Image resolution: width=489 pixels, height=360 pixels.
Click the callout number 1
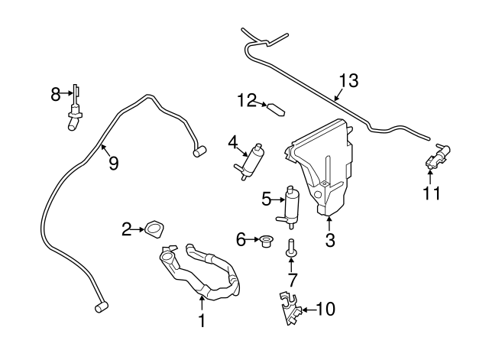point(202,323)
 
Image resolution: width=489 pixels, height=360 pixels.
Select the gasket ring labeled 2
point(156,228)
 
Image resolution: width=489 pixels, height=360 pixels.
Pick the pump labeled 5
point(291,205)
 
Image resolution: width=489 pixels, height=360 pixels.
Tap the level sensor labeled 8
point(74,110)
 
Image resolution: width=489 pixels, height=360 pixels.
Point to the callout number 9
point(113,163)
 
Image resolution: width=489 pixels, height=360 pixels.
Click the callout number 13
point(348,80)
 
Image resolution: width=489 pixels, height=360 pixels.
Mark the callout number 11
point(432,193)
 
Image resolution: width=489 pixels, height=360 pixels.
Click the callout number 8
point(55,94)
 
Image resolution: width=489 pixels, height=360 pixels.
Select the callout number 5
point(266,200)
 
